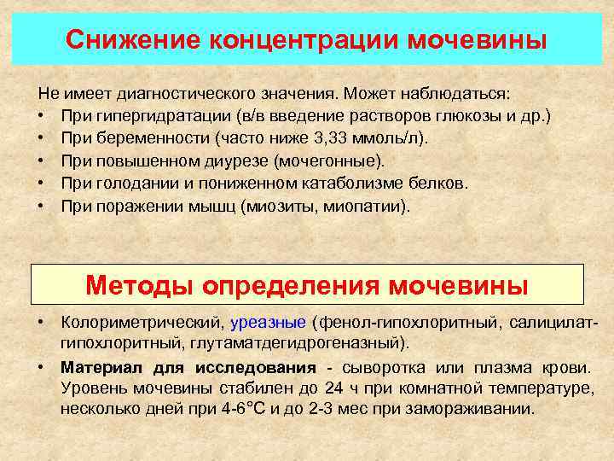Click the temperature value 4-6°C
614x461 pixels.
click(x=241, y=408)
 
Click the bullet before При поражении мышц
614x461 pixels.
click(x=42, y=206)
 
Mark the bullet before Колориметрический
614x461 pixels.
click(x=42, y=323)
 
